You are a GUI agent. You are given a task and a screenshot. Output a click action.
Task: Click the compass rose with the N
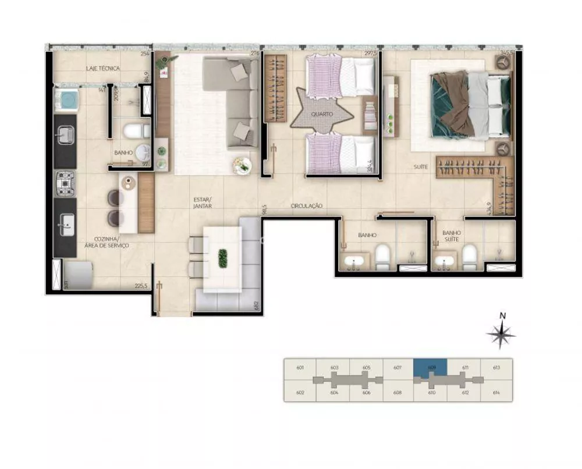[501, 334]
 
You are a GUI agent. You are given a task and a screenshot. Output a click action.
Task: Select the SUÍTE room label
[421, 167]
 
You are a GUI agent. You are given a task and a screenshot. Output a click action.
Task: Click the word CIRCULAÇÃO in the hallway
[307, 206]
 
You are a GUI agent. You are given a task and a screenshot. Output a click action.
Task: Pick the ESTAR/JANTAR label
[203, 202]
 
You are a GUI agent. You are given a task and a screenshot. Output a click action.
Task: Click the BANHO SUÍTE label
[451, 236]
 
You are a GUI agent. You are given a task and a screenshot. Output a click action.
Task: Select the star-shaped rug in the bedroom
[322, 111]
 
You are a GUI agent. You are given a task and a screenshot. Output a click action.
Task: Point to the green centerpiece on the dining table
[222, 258]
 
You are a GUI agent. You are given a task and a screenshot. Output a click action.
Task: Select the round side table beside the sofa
[242, 165]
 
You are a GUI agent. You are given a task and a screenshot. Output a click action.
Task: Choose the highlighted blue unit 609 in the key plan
[430, 367]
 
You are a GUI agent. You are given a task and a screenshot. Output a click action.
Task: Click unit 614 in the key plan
[496, 393]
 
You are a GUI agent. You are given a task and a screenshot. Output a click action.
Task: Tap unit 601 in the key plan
[300, 367]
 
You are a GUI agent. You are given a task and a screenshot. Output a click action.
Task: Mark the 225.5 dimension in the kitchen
[141, 285]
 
